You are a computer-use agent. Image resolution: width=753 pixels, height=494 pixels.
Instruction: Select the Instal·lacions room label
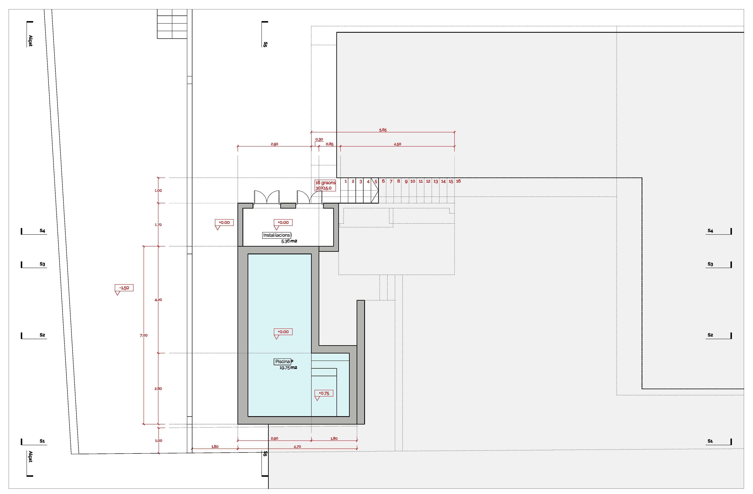[x=277, y=235]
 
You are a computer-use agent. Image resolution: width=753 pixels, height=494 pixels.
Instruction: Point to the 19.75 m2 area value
[x=288, y=368]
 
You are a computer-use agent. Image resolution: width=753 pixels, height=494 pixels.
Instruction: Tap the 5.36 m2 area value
[x=289, y=241]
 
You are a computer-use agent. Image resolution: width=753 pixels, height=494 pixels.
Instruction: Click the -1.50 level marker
[x=124, y=288]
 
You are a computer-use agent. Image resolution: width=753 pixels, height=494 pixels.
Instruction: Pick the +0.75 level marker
[x=324, y=393]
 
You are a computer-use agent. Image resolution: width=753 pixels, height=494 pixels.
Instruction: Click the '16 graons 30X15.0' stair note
[x=325, y=185]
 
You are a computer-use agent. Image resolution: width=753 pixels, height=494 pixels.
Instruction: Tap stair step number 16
[x=458, y=181]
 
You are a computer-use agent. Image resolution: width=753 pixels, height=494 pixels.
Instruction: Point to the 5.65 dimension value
[x=383, y=130]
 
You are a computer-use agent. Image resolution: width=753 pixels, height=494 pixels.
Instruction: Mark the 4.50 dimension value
[x=397, y=144]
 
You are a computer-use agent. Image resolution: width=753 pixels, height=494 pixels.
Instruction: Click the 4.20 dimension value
[x=158, y=300]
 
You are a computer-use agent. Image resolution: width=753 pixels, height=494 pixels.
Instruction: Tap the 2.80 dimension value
[x=158, y=389]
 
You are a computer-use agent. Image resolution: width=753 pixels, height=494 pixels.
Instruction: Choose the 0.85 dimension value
[x=329, y=144]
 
